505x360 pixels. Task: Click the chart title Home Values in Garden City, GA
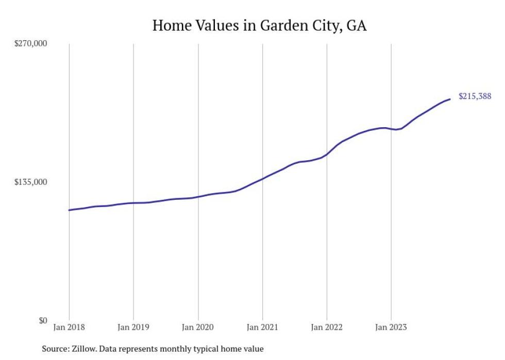tap(259, 25)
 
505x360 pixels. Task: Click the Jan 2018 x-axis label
tap(69, 327)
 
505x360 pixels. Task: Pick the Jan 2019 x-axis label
tap(133, 327)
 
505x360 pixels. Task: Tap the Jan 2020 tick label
tap(198, 327)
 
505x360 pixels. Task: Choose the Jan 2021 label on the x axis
tap(262, 327)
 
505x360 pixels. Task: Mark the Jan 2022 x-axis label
tap(327, 327)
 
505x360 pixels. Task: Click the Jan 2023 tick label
tap(391, 327)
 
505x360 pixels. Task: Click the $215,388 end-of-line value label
tap(475, 96)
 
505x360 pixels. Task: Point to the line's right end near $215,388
tap(450, 99)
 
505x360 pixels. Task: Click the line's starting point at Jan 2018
tap(69, 210)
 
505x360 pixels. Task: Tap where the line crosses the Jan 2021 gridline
tap(262, 179)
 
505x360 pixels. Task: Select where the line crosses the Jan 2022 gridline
tap(327, 153)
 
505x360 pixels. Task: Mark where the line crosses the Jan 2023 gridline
tap(391, 129)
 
